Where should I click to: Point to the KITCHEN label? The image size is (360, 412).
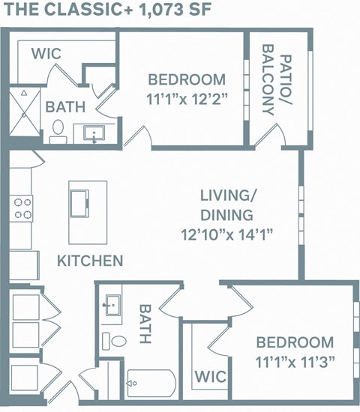click(90, 261)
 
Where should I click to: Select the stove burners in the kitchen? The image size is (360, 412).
click(22, 207)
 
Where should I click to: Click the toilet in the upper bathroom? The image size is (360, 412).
click(57, 133)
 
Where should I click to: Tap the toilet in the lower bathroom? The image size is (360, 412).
click(117, 341)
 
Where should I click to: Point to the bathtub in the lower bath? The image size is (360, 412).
click(151, 387)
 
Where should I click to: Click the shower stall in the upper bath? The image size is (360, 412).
click(22, 116)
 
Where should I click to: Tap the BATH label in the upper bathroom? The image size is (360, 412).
click(64, 107)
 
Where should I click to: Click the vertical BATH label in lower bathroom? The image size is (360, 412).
click(145, 324)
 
